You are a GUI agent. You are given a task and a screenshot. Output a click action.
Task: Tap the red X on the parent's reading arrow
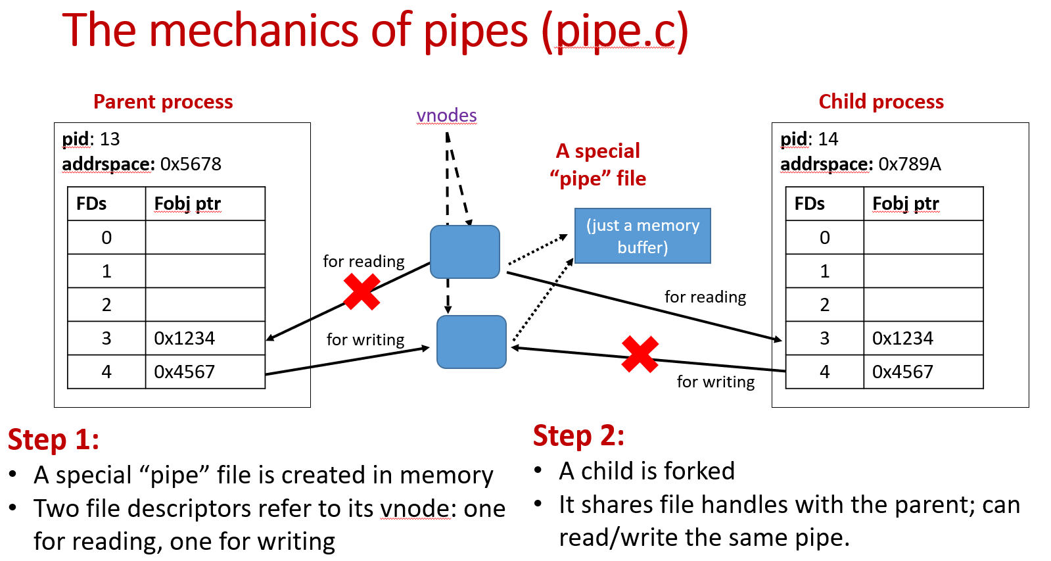point(362,292)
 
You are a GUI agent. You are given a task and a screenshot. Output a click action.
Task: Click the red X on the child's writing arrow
point(640,354)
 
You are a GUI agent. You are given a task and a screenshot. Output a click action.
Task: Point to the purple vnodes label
point(446,116)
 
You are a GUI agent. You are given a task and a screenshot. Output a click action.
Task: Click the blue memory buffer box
point(643,235)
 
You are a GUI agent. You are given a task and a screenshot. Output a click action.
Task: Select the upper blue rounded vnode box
point(465,252)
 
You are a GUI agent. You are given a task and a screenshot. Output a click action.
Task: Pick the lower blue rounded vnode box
point(471,342)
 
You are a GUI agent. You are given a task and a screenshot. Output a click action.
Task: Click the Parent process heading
point(163,102)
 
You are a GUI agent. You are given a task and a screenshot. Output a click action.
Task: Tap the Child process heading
point(881,102)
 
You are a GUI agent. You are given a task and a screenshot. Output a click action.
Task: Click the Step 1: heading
point(53,439)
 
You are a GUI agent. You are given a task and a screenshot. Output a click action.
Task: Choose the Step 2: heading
point(578,435)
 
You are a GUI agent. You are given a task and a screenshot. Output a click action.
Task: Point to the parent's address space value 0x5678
point(191,164)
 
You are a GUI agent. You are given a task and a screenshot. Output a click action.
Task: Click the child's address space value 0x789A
point(910,164)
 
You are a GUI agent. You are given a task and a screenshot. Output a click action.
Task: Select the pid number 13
point(110,139)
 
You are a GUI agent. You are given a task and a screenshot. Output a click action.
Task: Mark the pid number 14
point(828,139)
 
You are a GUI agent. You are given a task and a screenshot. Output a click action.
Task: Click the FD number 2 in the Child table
point(824,305)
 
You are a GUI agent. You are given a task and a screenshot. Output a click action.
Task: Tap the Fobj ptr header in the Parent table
point(187,204)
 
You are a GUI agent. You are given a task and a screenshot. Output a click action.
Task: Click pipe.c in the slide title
point(615,32)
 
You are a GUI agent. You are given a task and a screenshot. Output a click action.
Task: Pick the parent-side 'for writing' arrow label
point(365,339)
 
